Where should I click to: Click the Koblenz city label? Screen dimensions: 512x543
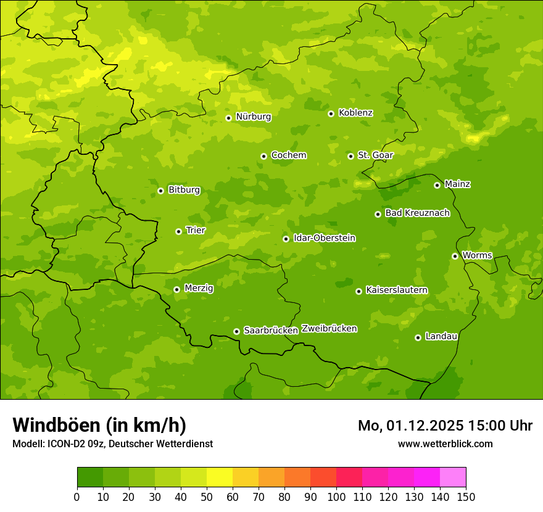pos(355,113)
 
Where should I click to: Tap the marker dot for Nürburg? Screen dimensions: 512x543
pos(228,118)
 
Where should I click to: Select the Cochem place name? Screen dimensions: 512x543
pos(288,155)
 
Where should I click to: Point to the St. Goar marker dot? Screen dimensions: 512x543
pos(350,156)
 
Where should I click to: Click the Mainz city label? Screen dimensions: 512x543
pos(457,184)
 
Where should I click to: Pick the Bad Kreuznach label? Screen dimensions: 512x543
pos(417,213)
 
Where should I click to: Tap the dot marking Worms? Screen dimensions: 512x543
pos(455,256)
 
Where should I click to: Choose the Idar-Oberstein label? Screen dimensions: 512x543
pos(324,238)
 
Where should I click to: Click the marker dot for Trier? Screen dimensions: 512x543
pos(178,231)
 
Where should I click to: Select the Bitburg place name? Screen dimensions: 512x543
pos(184,190)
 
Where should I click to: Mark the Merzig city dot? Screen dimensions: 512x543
pos(176,289)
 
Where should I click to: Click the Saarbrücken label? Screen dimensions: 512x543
pos(271,331)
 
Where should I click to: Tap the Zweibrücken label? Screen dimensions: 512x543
pos(329,329)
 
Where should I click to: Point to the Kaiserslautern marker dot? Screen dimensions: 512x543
pos(359,291)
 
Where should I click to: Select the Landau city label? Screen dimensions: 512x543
pos(441,337)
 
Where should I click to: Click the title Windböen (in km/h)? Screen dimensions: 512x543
pos(99,425)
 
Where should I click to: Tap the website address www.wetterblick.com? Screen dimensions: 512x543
pos(445,444)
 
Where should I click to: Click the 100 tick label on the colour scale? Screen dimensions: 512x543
pos(336,497)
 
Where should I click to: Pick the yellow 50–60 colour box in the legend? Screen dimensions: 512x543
pos(220,477)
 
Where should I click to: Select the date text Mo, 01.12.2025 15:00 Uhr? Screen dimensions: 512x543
pos(445,426)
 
